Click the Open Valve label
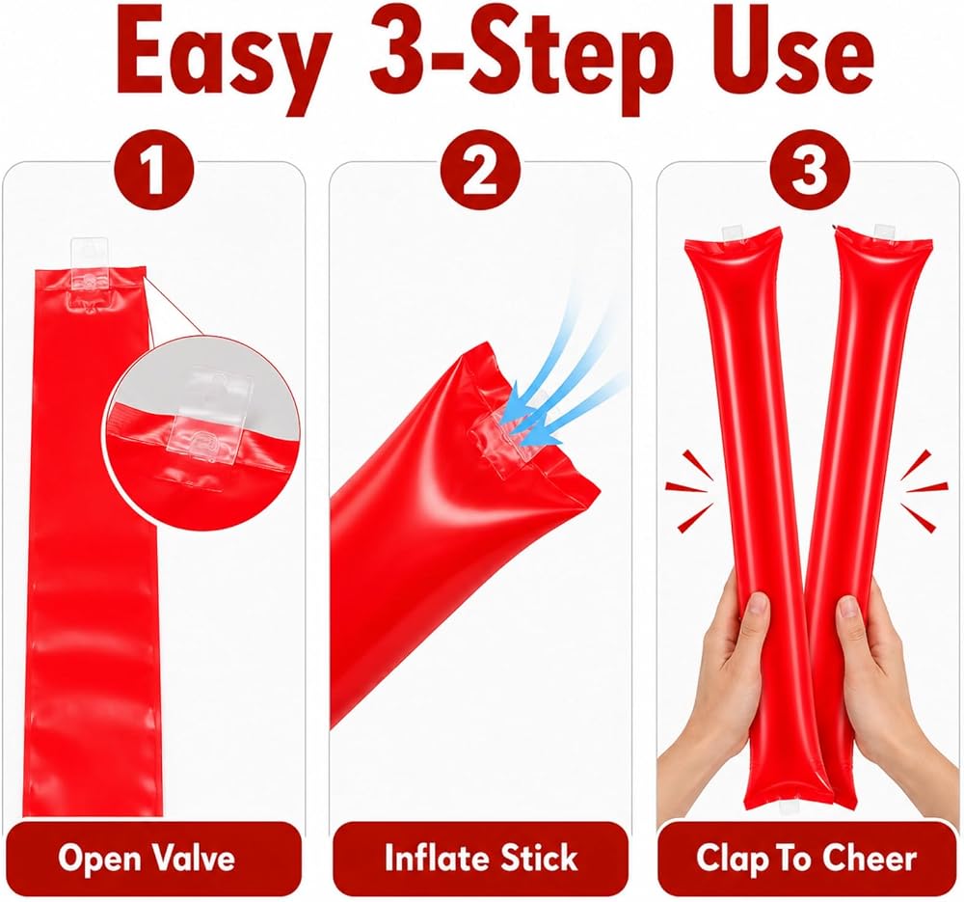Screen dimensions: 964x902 click(147, 858)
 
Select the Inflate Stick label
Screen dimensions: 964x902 click(481, 858)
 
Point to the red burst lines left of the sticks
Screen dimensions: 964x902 click(690, 489)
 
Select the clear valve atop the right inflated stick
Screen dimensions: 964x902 click(885, 232)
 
